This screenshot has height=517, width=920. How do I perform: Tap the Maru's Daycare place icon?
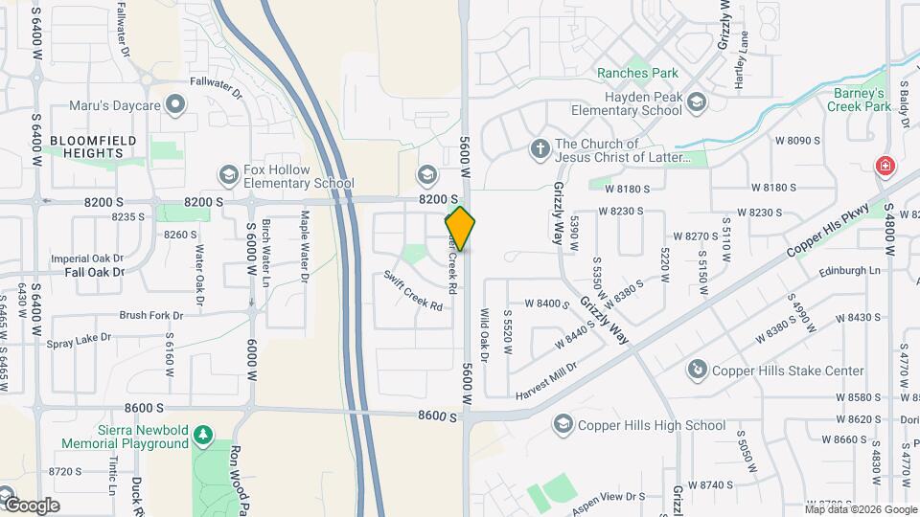(174, 103)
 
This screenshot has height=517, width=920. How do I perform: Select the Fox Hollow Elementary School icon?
(228, 174)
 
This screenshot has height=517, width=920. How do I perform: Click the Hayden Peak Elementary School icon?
(697, 103)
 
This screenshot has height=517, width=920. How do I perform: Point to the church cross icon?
(540, 149)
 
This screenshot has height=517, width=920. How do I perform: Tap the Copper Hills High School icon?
(563, 425)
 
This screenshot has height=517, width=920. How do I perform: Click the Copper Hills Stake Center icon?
(699, 371)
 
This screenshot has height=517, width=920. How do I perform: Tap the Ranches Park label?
(636, 73)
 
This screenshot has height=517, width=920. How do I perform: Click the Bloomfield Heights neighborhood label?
(80, 147)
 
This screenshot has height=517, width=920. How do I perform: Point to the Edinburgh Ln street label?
(849, 271)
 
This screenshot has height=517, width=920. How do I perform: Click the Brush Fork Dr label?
(150, 315)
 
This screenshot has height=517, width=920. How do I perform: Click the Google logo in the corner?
(32, 505)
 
